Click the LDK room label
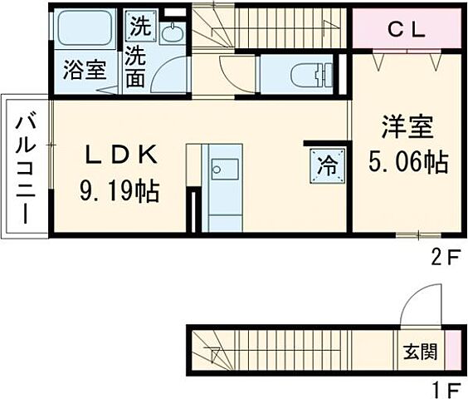[x=119, y=155]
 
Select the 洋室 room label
[x=407, y=129]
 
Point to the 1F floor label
[x=443, y=388]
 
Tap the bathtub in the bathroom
[x=84, y=30]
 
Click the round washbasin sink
[x=172, y=33]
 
